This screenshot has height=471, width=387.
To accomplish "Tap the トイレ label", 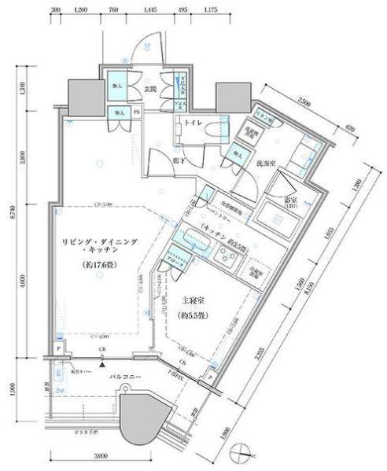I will click(194, 123).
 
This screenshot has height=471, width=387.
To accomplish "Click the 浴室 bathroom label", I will click(291, 200).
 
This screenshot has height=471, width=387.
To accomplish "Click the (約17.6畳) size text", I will click(92, 265).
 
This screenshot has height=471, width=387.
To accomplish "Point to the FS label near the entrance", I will click(136, 112).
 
